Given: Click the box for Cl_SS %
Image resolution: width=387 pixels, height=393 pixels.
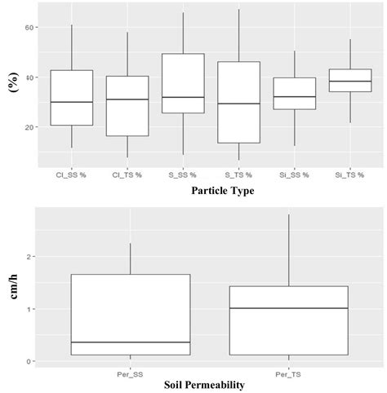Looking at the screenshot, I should coord(71,97).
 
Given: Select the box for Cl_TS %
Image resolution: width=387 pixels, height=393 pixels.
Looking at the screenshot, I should coord(127,105).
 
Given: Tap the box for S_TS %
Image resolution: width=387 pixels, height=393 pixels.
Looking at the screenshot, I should coord(238,102).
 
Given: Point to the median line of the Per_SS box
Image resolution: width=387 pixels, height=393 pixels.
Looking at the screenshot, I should coord(130,342).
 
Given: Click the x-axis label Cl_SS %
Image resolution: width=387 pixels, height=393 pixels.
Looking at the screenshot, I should coord(71,174).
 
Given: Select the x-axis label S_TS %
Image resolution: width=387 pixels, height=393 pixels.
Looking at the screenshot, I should coord(238,174).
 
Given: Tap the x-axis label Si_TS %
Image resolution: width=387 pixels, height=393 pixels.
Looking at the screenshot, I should coord(349,174).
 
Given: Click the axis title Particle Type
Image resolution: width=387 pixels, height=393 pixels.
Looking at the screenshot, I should coord(210,192).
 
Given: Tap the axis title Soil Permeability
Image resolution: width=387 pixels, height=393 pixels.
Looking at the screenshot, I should coord(210,383).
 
